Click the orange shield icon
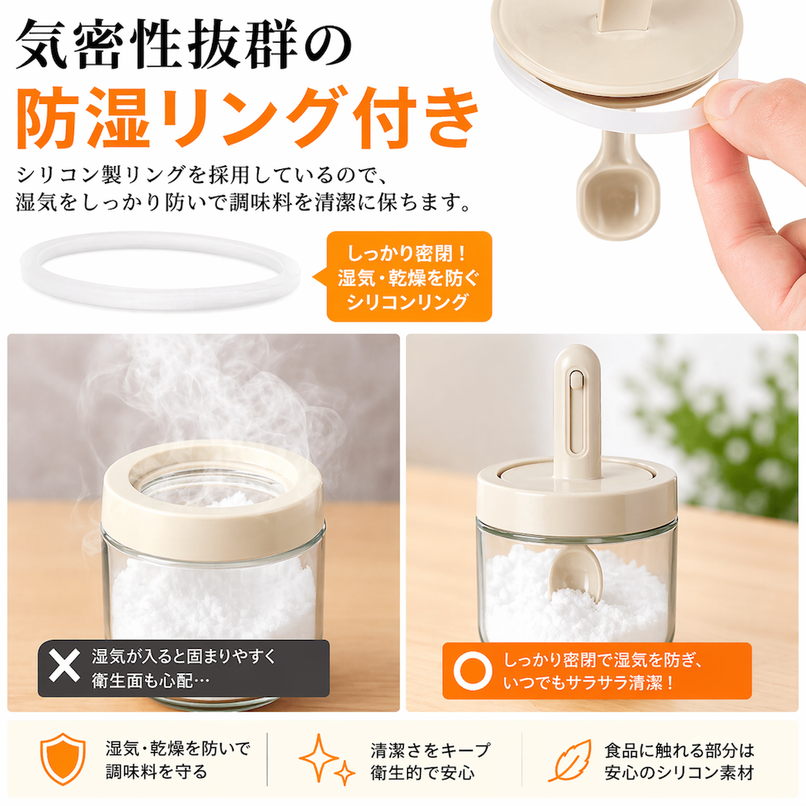[x=63, y=758]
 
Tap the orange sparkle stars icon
[x=327, y=759]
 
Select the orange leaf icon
[x=569, y=760]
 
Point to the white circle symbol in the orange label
[x=471, y=671]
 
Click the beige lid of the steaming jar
[x=213, y=501]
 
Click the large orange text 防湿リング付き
[x=247, y=116]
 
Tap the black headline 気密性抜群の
[x=184, y=44]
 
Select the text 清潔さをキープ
[x=430, y=750]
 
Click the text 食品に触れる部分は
[x=679, y=750]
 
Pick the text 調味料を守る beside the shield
[x=157, y=771]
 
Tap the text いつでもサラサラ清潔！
[x=588, y=683]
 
